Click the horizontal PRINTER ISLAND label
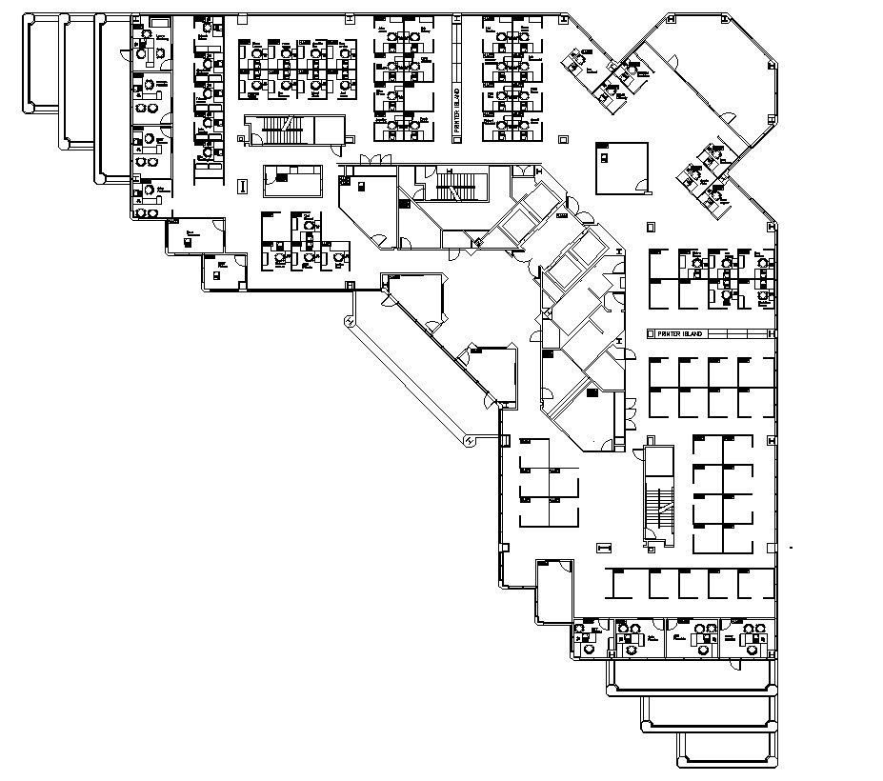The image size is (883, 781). tap(680, 334)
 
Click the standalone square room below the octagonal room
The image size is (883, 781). tap(621, 167)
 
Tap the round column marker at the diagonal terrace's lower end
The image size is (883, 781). tap(470, 440)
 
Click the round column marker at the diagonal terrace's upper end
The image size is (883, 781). tap(350, 323)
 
